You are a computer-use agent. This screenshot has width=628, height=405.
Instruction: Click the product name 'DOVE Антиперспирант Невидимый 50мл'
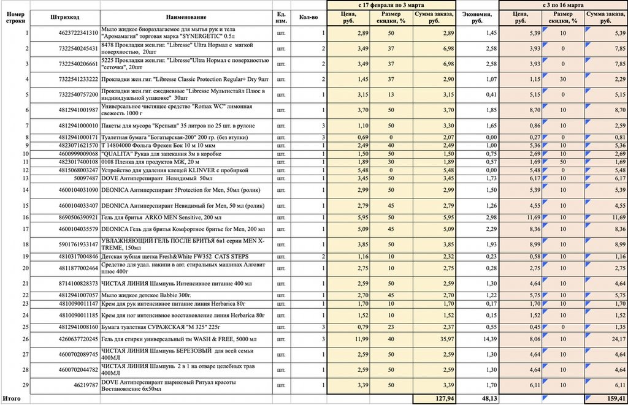click(x=159, y=178)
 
